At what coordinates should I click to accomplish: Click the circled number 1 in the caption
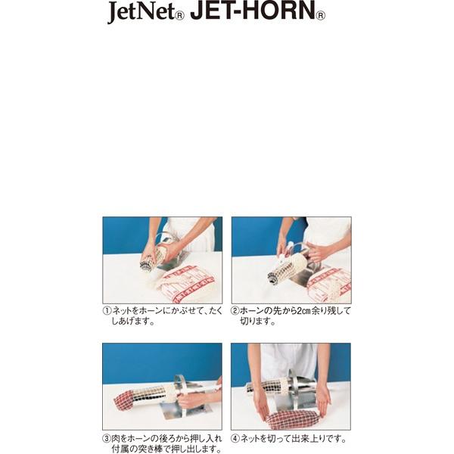[x=107, y=311]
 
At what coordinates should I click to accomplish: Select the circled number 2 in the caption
[x=235, y=311]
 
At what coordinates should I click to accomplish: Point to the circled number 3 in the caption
[x=107, y=438]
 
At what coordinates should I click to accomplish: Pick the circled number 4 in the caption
[x=235, y=438]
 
